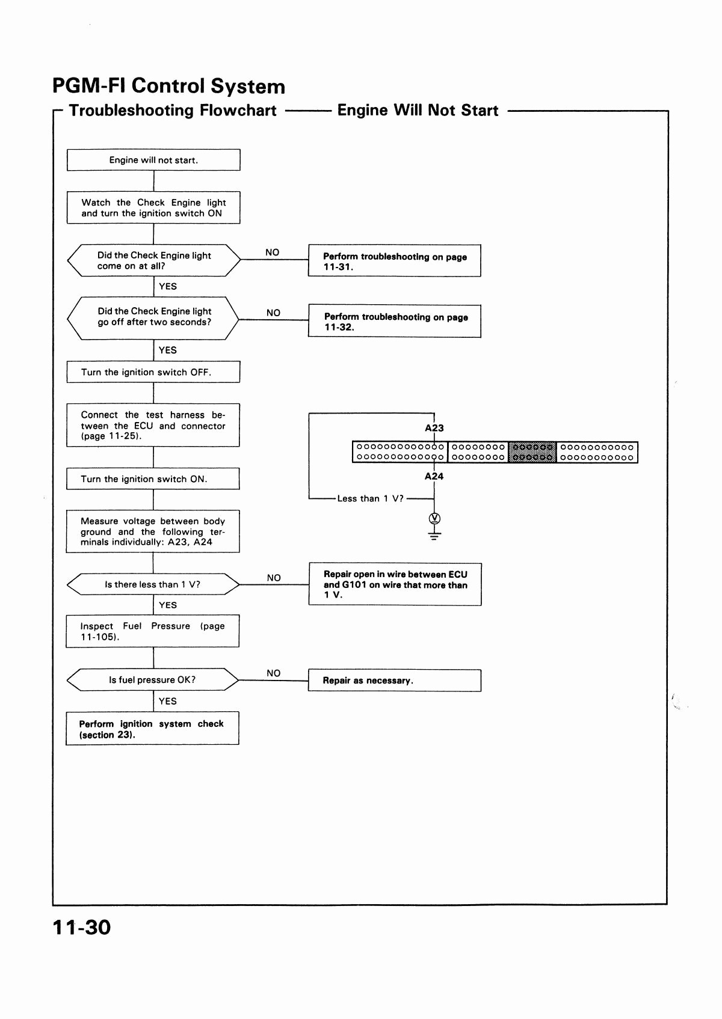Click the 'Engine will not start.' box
153,160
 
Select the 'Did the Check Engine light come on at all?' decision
153,260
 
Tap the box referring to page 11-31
395,261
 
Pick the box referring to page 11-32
395,321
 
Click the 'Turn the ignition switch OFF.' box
153,372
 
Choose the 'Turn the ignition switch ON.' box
153,479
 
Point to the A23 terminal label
434,428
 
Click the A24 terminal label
434,476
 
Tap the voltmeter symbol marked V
434,518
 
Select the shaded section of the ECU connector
532,452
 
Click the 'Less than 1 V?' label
370,498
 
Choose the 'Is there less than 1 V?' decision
153,584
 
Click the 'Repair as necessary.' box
395,681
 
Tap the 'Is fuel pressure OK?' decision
152,680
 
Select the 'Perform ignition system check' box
152,728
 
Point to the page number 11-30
81,927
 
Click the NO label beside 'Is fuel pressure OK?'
273,673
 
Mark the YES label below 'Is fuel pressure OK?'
167,701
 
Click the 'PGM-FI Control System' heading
168,86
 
